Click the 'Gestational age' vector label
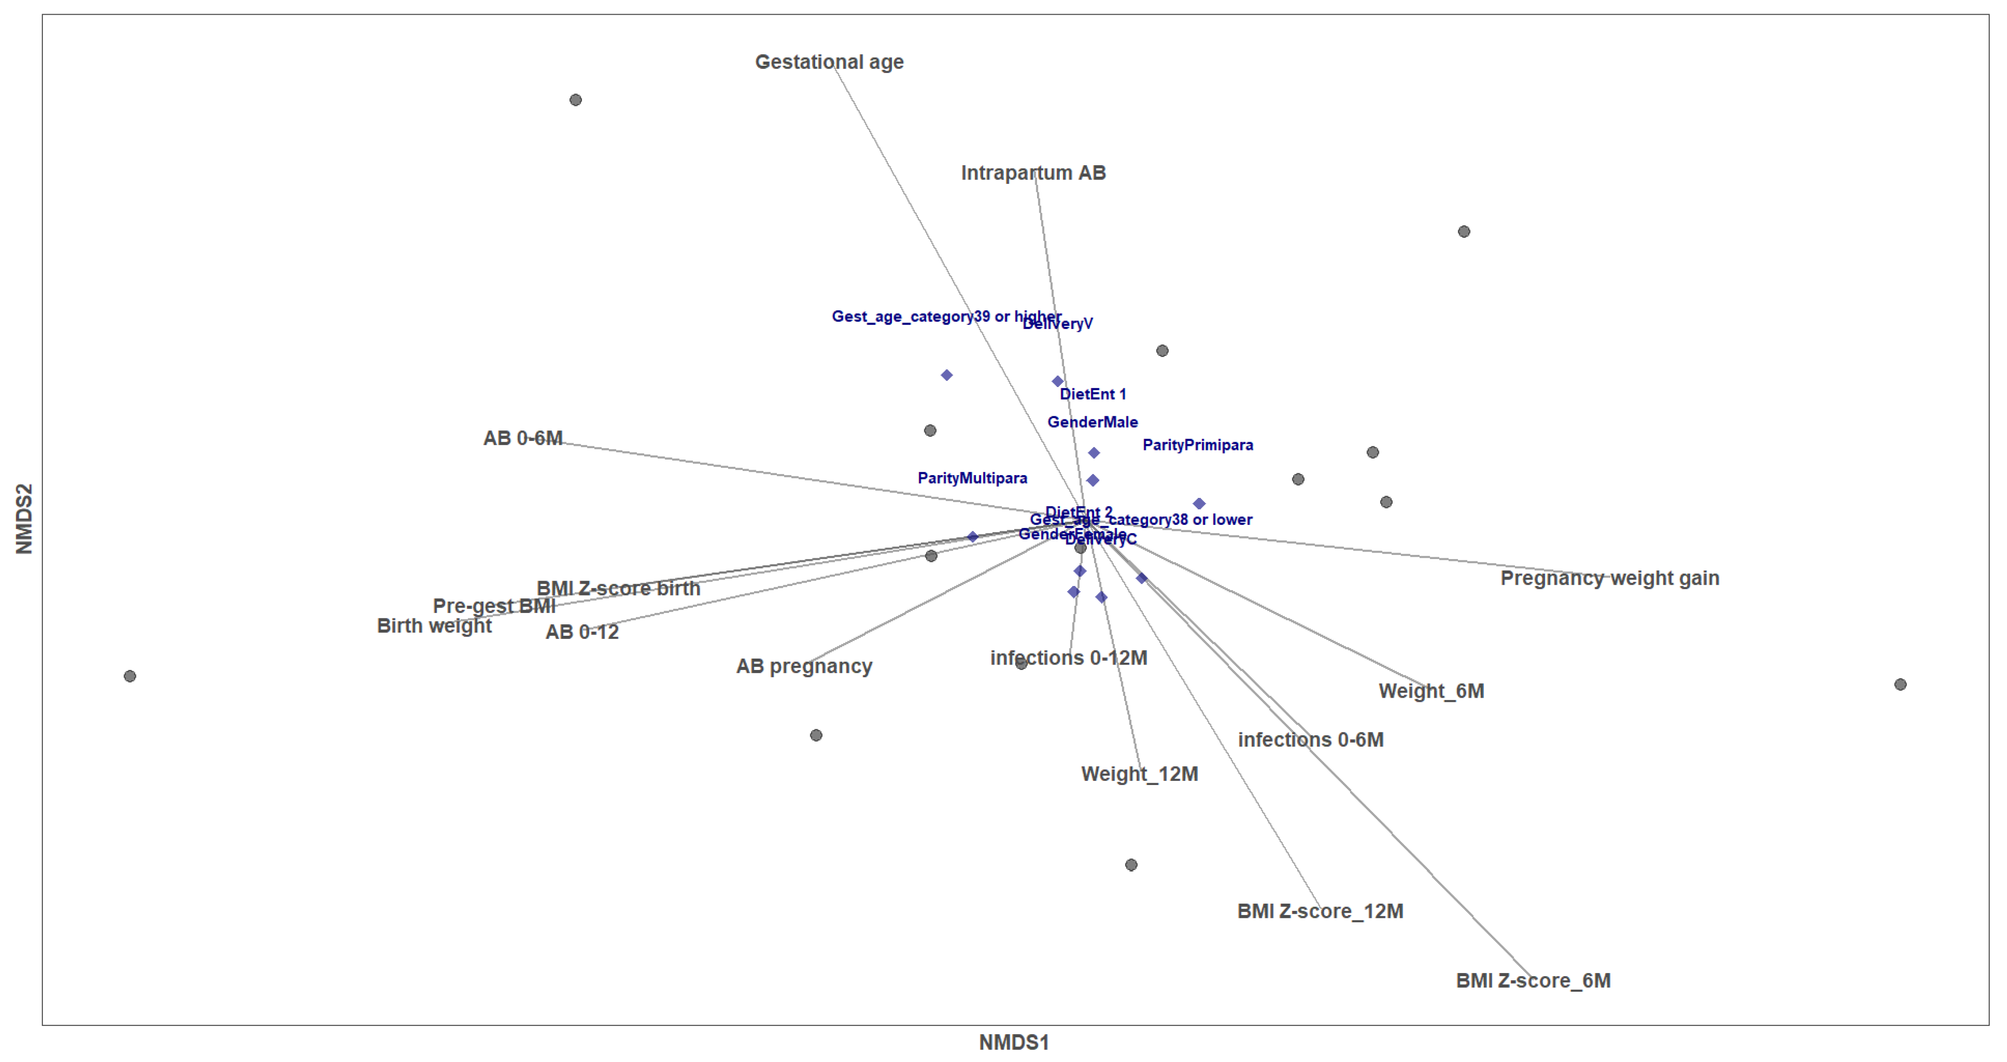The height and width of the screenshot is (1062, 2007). [829, 63]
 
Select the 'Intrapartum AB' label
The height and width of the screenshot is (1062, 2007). [1033, 173]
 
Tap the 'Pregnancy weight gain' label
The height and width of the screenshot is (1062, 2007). [1609, 578]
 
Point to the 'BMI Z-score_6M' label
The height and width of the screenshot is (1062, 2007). [1532, 980]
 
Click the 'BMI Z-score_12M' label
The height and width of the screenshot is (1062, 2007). [1320, 911]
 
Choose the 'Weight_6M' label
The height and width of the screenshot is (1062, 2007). [1431, 691]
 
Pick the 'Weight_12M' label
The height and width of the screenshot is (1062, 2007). [1139, 774]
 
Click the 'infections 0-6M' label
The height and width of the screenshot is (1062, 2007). [1310, 739]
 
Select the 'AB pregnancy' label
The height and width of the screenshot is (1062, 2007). [804, 666]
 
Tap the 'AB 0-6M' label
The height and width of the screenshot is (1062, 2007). [523, 438]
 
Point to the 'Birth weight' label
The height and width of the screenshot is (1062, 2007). [434, 626]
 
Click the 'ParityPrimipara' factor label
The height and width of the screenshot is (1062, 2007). [1198, 445]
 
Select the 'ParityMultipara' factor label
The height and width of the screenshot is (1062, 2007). [972, 478]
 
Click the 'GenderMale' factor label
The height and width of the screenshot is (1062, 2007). [1092, 422]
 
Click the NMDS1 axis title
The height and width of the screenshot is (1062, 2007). [1014, 1042]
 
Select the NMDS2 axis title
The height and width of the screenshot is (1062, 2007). [24, 519]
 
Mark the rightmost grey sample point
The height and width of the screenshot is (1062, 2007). [1900, 684]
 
